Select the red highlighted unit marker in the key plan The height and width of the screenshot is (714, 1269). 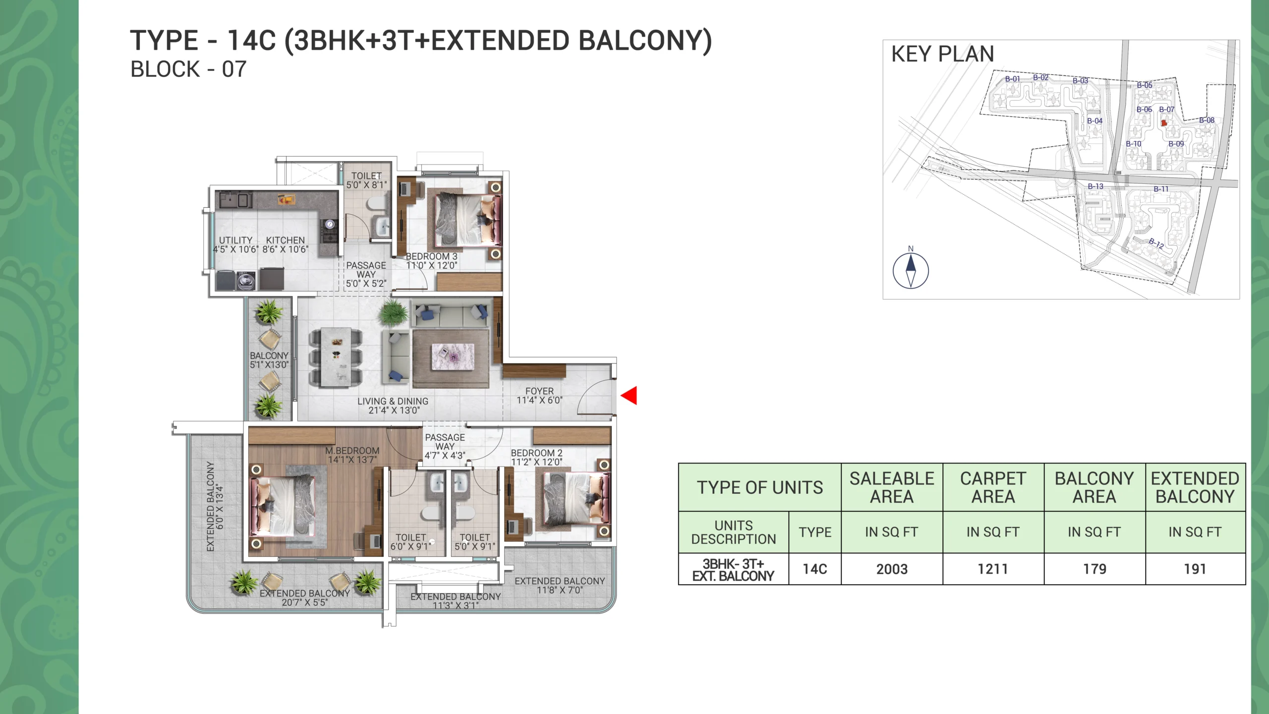point(1164,122)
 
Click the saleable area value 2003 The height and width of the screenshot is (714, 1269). point(892,569)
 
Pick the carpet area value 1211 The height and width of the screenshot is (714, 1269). point(993,569)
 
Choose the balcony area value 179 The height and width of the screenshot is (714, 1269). point(1095,569)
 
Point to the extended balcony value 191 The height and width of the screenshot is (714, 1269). point(1195,569)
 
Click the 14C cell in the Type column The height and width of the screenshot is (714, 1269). point(815,569)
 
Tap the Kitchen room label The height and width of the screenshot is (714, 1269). point(286,240)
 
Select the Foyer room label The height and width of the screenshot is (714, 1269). point(539,391)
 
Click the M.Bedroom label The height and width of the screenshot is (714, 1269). point(352,451)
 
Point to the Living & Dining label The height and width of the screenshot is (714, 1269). point(393,401)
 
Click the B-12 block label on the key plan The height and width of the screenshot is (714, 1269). point(1156,243)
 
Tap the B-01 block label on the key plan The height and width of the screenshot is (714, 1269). point(1013,79)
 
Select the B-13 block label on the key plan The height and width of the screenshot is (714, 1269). point(1096,186)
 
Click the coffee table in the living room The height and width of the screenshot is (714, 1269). point(453,357)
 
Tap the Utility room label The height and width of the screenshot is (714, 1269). point(236,240)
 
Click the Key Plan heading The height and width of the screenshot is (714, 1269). point(943,54)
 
